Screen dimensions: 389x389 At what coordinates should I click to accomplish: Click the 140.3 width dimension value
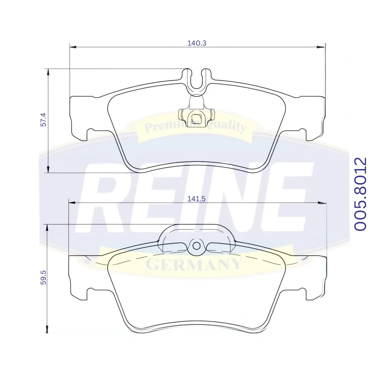pyautogui.click(x=197, y=43)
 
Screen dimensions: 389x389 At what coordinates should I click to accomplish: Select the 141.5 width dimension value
pyautogui.click(x=196, y=199)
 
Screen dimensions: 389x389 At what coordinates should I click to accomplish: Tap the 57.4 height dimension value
pyautogui.click(x=44, y=119)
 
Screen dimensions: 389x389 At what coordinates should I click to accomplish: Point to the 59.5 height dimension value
pyautogui.click(x=44, y=278)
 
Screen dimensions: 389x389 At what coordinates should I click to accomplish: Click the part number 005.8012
pyautogui.click(x=360, y=194)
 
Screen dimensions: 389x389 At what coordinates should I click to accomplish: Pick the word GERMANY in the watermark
pyautogui.click(x=194, y=265)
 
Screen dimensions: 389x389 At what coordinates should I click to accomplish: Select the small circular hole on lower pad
pyautogui.click(x=196, y=246)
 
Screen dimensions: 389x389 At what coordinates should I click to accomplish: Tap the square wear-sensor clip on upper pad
pyautogui.click(x=196, y=117)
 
